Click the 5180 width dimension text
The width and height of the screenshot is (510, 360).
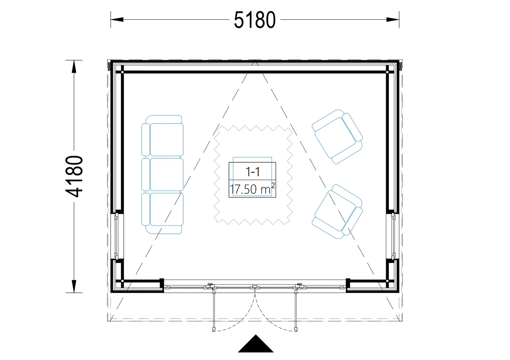[255, 20]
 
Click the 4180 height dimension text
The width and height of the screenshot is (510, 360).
[74, 176]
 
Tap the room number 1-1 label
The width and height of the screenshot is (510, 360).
[252, 172]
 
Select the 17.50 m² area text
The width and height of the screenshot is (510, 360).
[252, 189]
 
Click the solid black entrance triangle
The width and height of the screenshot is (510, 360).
[256, 344]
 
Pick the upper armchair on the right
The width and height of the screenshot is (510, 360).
[337, 137]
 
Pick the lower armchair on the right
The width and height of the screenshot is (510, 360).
[337, 212]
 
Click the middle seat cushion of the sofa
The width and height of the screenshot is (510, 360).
[167, 175]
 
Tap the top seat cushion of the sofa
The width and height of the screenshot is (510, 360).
[167, 140]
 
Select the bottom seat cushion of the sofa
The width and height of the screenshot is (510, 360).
[167, 209]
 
